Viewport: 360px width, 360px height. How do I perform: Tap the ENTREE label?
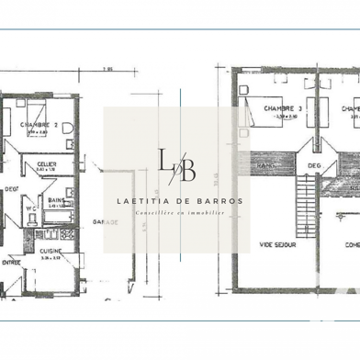pyautogui.click(x=12, y=261)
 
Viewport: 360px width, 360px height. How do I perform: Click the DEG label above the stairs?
pyautogui.click(x=314, y=166)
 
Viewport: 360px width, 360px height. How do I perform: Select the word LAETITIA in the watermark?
pyautogui.click(x=147, y=202)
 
